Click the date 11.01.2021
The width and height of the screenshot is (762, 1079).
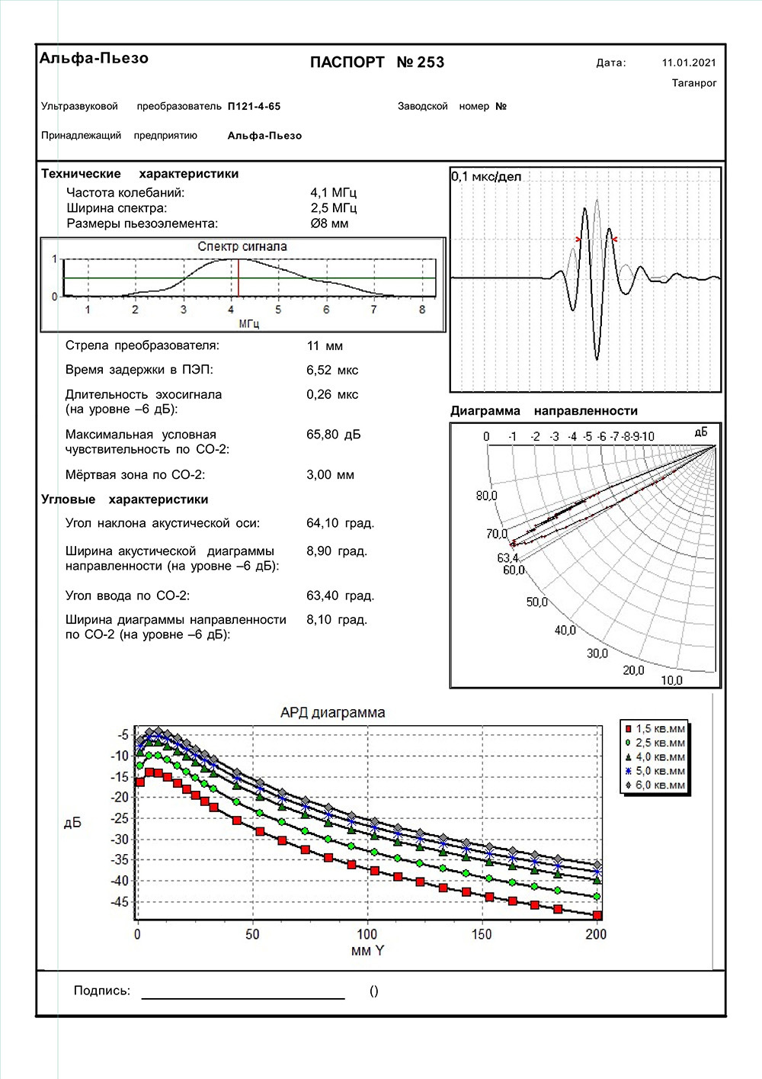[689, 63]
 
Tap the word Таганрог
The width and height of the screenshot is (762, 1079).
[694, 83]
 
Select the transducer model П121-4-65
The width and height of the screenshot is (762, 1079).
[254, 107]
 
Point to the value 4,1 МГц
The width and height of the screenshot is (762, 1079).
[333, 193]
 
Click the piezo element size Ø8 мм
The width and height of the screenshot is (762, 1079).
[329, 223]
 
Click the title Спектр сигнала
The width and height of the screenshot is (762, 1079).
[242, 246]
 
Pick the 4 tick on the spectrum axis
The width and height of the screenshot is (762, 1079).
[231, 310]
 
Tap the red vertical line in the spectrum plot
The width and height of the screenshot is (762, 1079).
[239, 278]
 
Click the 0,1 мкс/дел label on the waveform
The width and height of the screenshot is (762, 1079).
[486, 177]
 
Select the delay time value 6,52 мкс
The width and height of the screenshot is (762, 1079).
[332, 371]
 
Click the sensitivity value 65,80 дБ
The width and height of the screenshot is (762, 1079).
[334, 435]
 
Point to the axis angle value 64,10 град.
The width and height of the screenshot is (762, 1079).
[340, 523]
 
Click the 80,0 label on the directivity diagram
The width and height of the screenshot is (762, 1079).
[486, 496]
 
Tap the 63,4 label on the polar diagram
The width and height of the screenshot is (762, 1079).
[507, 558]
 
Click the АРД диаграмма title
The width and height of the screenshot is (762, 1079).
[333, 713]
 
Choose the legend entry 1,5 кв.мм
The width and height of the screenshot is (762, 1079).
[660, 729]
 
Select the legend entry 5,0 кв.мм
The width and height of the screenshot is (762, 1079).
[660, 771]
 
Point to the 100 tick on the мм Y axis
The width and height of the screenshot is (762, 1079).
[367, 934]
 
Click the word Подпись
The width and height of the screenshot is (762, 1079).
[102, 991]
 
